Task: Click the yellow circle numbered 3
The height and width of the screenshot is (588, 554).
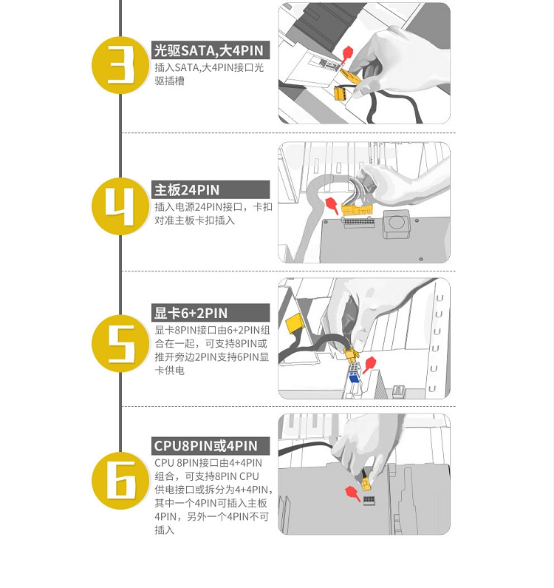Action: pos(120,65)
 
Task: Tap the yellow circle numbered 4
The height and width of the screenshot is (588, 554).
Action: pos(120,206)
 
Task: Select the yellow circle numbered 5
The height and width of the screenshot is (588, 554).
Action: pos(120,343)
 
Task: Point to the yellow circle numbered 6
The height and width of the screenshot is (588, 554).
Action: pos(120,480)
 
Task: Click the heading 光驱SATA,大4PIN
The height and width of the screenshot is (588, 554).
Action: pos(208,50)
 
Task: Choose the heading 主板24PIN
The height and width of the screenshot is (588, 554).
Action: pos(187,190)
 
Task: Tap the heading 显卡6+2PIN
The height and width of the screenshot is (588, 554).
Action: pos(191,313)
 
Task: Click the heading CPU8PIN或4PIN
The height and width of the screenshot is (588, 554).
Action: pos(205,445)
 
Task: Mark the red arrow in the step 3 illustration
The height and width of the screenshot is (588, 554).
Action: pos(346,54)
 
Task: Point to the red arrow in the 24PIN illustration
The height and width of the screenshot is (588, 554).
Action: pos(332,206)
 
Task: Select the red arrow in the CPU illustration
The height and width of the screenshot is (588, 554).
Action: pos(353,493)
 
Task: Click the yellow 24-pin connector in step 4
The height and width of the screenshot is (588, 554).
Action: pos(357,210)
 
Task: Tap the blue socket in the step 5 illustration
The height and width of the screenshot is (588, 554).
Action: pos(354,376)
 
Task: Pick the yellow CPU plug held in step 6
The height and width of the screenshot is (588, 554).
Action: pos(366,484)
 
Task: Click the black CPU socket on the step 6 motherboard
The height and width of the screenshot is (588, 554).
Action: pos(369,500)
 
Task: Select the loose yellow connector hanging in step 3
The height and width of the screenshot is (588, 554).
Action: pos(341,93)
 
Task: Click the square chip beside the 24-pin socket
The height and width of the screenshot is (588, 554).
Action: pos(397,223)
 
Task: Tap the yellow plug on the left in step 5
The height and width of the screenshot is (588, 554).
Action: pos(295,322)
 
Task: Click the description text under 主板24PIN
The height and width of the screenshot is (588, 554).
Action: pos(213,213)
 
